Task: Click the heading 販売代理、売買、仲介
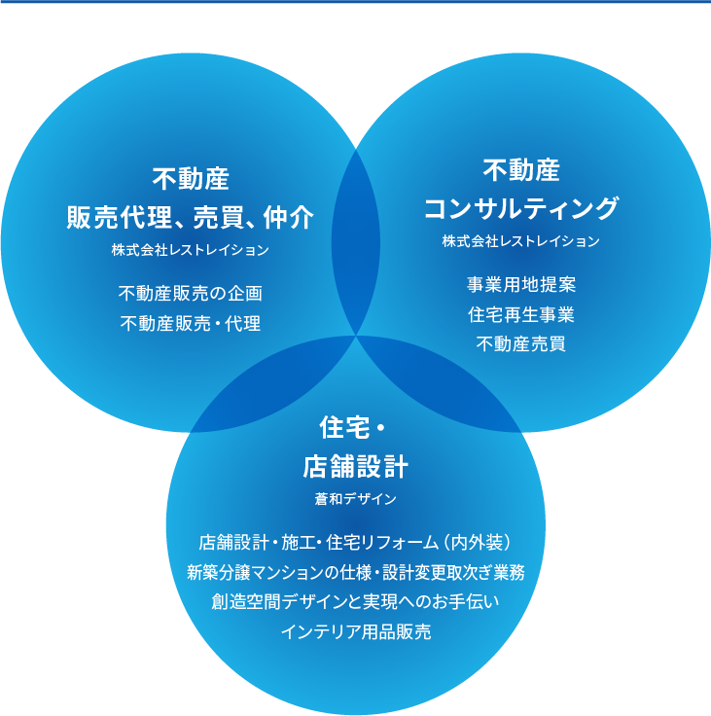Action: pos(190,217)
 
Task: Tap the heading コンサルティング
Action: pos(520,208)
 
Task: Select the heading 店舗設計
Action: pos(355,467)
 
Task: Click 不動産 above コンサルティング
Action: pos(520,170)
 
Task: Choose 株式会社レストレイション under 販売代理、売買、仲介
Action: pos(190,250)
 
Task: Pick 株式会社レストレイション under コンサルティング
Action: pos(520,240)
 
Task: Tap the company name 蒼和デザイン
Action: pos(355,499)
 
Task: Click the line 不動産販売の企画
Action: pos(190,293)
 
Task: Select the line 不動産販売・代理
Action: pos(190,323)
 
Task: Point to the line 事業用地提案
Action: pos(520,285)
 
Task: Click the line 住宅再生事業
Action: pos(520,314)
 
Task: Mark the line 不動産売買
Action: pos(520,343)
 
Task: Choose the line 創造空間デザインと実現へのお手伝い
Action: pos(355,601)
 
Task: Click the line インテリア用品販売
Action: pos(355,631)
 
